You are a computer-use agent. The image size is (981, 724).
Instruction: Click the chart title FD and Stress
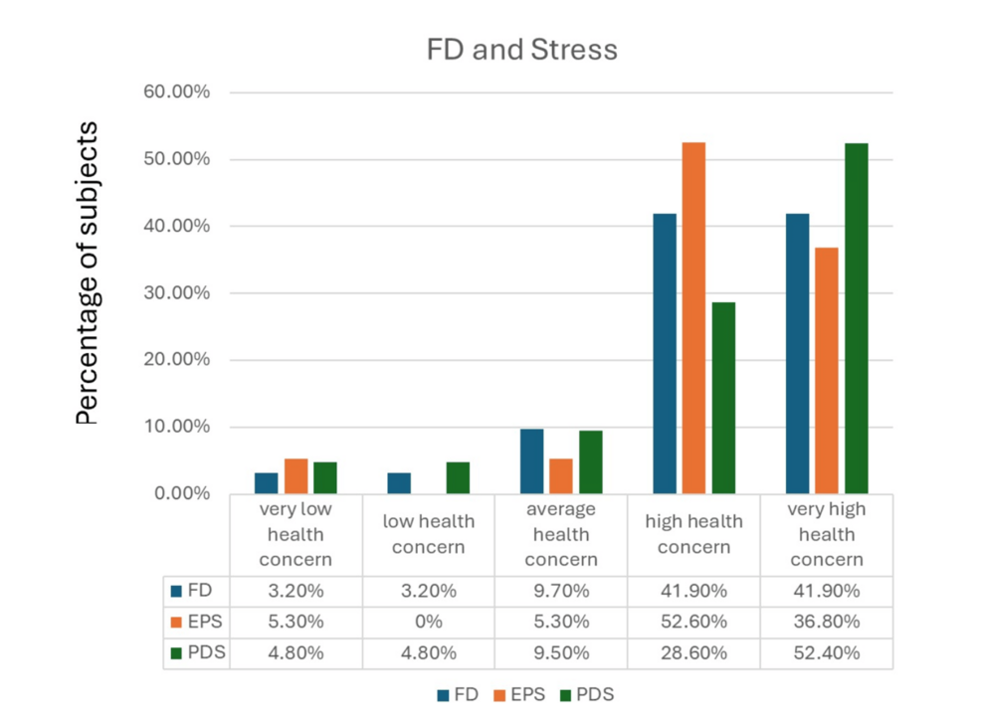(x=521, y=50)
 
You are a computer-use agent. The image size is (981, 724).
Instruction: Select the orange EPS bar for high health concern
(x=693, y=318)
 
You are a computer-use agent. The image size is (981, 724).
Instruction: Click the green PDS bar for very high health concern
(x=857, y=318)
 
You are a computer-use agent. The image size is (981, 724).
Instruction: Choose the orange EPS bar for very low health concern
(x=295, y=476)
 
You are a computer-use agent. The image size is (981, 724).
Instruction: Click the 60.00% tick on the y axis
(x=177, y=92)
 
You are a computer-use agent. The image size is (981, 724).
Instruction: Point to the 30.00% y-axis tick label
(x=177, y=293)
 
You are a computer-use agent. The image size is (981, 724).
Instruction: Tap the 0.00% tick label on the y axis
(x=181, y=494)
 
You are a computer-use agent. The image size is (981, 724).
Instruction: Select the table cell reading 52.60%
(x=693, y=623)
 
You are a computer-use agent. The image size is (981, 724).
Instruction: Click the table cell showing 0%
(x=429, y=623)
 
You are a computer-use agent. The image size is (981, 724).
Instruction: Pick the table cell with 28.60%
(x=693, y=653)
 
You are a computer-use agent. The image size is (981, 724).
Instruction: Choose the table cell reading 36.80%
(x=826, y=623)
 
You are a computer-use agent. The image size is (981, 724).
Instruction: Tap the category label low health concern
(x=429, y=534)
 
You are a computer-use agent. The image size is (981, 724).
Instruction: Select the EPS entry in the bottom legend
(x=521, y=695)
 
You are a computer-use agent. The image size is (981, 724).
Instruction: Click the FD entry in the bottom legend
(x=456, y=695)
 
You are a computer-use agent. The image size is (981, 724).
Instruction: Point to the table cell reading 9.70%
(x=561, y=591)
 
